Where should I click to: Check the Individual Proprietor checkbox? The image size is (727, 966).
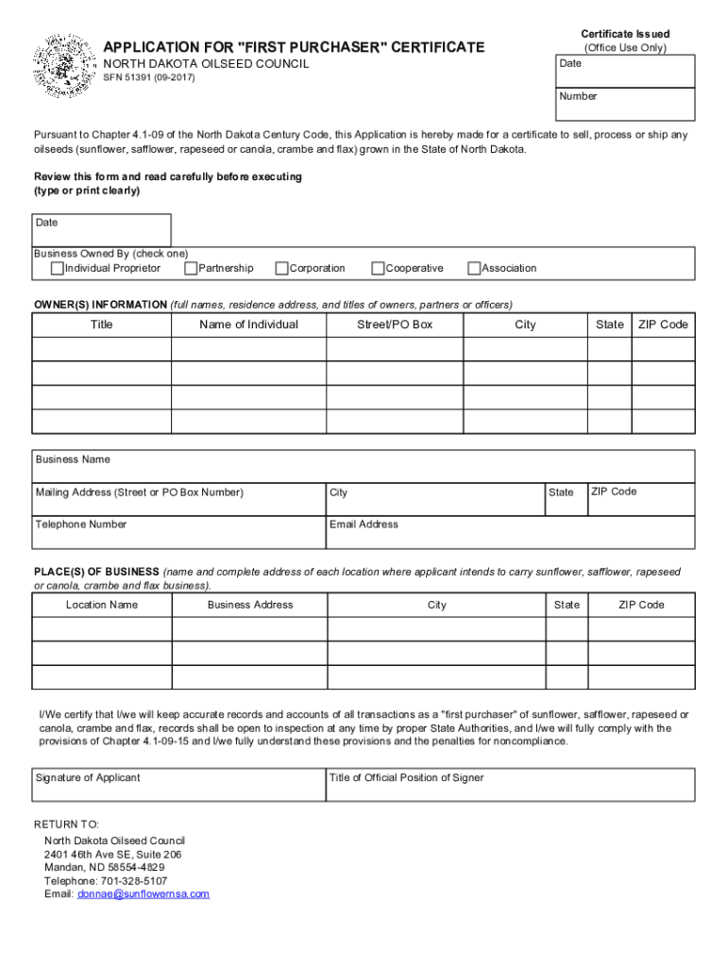coord(58,269)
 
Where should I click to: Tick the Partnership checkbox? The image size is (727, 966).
coord(191,269)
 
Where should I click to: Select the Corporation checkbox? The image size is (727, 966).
coord(281,269)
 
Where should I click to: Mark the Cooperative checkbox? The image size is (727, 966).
coord(378,269)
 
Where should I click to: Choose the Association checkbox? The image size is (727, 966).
coord(474,269)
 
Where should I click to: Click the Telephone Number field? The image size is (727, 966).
coord(178,532)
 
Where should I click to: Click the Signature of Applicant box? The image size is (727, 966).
coord(178,785)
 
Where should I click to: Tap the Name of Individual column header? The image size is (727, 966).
coord(248,325)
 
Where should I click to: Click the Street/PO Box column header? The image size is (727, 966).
coord(395,325)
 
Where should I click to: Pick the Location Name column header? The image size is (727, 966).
coord(102,605)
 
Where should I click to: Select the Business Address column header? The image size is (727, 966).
coord(250,605)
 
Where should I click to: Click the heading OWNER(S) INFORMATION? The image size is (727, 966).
coord(100,305)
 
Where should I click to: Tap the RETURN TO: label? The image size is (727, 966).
coord(66,824)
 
